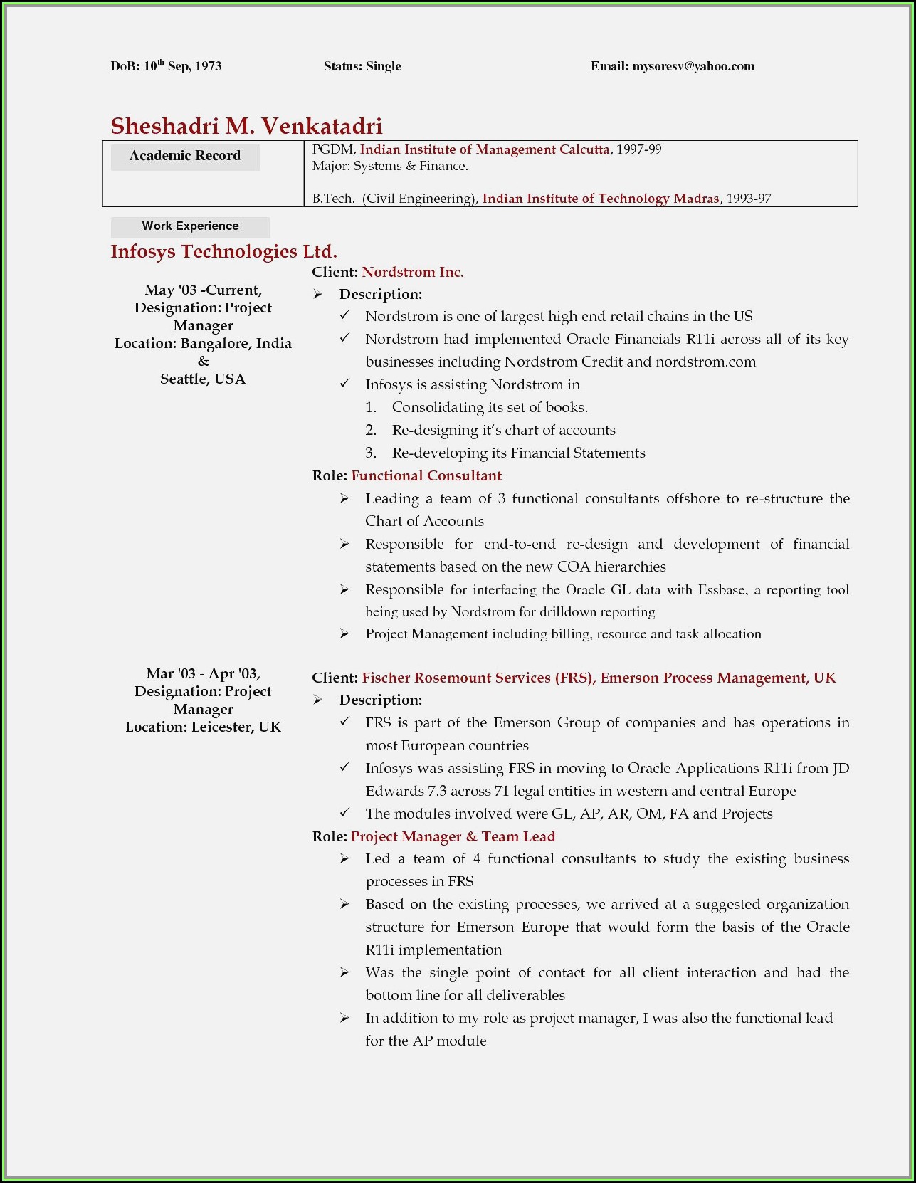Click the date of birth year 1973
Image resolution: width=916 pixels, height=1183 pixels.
click(209, 66)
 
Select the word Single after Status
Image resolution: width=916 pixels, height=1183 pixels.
click(384, 66)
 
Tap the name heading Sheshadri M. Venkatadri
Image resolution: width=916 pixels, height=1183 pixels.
click(246, 126)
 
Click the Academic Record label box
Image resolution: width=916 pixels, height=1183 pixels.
click(185, 156)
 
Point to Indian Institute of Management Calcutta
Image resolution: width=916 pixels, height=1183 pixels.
click(485, 149)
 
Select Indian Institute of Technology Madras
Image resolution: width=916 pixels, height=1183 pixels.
click(601, 199)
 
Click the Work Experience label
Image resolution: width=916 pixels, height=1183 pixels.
click(190, 226)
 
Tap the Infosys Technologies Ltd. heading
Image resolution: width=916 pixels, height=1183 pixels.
click(223, 251)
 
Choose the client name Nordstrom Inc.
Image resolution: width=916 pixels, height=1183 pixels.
click(413, 272)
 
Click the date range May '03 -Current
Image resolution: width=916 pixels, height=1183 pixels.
click(203, 290)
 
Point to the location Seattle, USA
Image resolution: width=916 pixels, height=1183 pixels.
click(203, 379)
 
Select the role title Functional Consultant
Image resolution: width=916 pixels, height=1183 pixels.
click(426, 475)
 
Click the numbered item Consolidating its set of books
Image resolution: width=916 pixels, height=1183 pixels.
click(490, 407)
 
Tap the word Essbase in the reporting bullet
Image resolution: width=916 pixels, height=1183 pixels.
click(722, 589)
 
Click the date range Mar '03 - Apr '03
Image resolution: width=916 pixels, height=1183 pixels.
click(203, 673)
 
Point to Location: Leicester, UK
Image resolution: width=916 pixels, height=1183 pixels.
click(203, 727)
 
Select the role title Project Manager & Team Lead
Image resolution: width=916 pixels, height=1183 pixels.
click(453, 836)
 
